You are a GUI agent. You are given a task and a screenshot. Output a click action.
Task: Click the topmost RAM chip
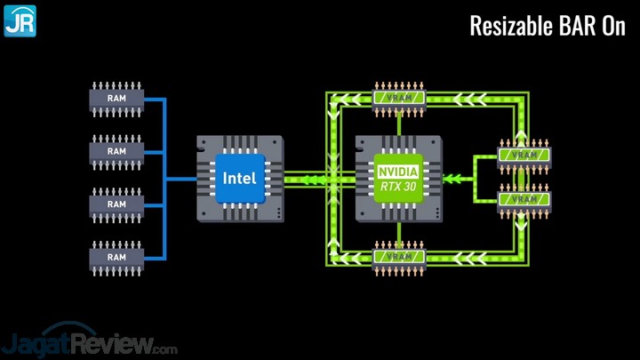coord(116,99)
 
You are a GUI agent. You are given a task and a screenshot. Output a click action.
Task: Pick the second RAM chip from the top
coord(116,152)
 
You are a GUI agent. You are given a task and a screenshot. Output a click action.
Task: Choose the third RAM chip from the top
coord(116,204)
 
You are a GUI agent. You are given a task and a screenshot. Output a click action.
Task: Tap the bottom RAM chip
coord(116,258)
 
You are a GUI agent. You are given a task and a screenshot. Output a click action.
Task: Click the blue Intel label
coord(239,178)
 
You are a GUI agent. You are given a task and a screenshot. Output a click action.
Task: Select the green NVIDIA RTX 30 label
coord(398,178)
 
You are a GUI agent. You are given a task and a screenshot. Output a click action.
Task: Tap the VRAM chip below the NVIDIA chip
coord(398,258)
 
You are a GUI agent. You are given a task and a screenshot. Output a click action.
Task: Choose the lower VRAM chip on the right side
coord(524,200)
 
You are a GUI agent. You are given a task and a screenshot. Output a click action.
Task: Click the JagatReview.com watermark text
coord(89,341)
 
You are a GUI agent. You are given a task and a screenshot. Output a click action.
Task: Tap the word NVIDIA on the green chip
coord(398,171)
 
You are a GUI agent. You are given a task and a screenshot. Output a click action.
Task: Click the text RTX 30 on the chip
coord(398,186)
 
